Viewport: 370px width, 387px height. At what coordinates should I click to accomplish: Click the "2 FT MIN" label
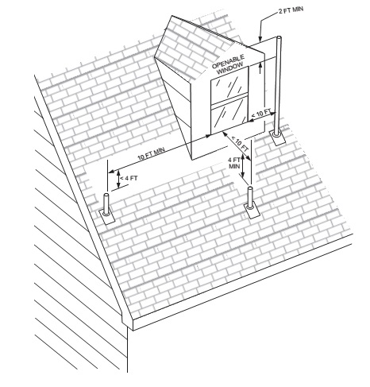(291, 10)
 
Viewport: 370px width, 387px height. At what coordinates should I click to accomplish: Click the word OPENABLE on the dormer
(228, 61)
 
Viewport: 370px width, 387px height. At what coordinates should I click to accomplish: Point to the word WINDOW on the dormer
(230, 68)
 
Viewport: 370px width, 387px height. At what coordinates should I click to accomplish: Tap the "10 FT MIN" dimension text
(151, 154)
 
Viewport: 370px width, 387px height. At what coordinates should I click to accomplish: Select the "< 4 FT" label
(129, 178)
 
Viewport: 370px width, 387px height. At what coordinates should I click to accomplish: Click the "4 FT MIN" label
(234, 163)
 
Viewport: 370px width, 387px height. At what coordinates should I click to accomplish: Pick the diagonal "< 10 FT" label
(240, 144)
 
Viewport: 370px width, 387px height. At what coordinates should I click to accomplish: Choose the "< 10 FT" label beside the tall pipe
(260, 114)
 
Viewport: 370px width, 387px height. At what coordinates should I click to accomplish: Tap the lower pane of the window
(229, 114)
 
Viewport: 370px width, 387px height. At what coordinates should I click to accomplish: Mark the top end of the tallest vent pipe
(279, 37)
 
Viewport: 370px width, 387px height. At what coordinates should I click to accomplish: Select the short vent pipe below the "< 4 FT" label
(106, 204)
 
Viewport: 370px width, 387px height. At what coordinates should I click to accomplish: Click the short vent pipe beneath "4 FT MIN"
(250, 196)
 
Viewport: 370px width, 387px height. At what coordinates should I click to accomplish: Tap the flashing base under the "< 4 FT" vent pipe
(106, 217)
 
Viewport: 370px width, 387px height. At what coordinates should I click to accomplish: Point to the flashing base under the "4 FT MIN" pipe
(250, 211)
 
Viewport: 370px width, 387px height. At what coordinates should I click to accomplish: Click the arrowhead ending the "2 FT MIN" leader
(260, 40)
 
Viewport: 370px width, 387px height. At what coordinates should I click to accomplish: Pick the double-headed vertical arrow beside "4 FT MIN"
(242, 165)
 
